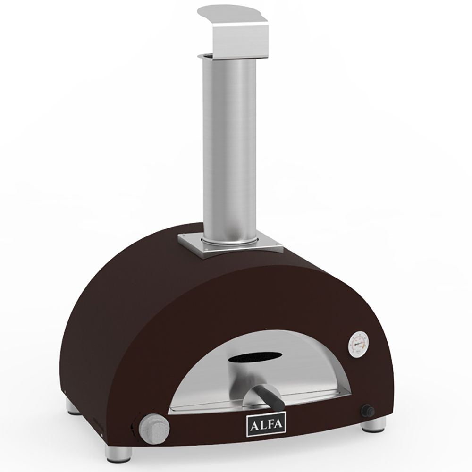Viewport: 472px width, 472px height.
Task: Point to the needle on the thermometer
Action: click(x=358, y=343)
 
